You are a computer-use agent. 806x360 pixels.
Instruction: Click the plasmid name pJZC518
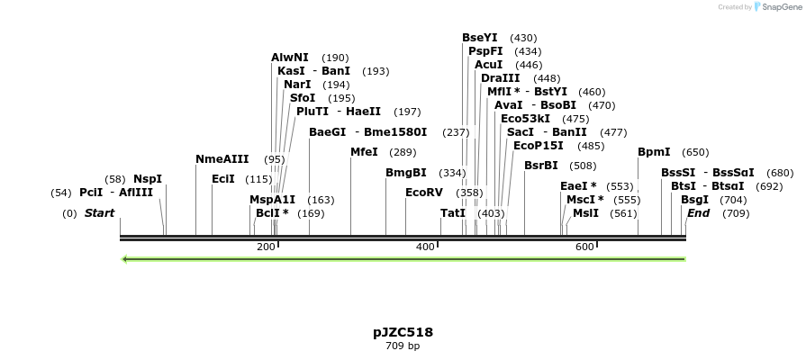coord(403,332)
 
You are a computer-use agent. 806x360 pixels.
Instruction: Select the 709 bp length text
coord(403,346)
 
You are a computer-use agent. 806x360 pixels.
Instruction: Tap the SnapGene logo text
coord(780,7)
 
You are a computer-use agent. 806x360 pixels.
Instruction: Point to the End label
coord(698,213)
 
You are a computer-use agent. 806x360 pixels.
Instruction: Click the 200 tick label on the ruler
coord(266,247)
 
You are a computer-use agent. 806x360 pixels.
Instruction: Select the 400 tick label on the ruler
coord(425,247)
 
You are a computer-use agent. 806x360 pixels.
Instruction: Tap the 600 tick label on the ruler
coord(584,247)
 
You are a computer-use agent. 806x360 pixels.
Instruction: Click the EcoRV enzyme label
coord(424,193)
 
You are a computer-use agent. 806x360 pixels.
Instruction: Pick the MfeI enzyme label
coord(364,152)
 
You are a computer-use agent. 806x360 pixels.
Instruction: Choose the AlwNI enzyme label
coord(290,58)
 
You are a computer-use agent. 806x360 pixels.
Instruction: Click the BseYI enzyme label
coord(480,38)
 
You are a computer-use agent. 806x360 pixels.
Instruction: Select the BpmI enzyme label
coord(654,152)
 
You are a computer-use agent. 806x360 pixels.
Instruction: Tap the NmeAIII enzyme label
coord(222,159)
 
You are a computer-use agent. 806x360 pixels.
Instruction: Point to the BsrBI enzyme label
coord(541,166)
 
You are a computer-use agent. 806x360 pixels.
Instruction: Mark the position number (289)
coord(403,152)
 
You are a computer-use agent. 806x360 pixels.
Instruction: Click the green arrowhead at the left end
coord(125,259)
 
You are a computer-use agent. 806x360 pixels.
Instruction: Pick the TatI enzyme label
coord(453,213)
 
